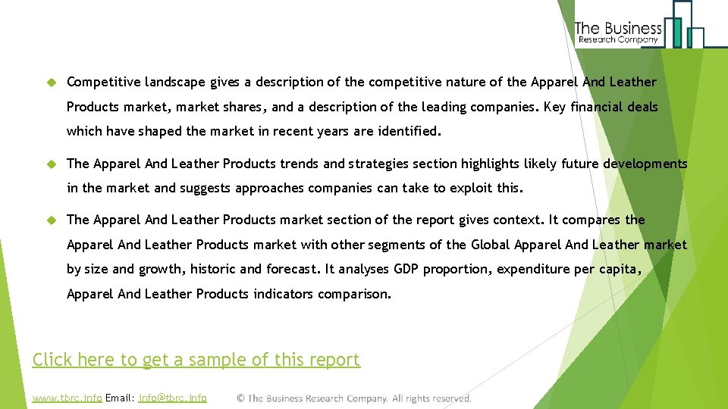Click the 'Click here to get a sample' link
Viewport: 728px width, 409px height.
point(196,360)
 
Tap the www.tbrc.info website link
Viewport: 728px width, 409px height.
point(67,398)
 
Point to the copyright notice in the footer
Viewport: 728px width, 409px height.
point(353,398)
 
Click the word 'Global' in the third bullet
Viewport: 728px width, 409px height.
point(491,245)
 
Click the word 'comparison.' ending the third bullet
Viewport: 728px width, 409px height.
point(354,294)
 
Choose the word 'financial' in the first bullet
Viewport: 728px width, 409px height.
point(596,107)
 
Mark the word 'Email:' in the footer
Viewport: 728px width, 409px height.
point(121,398)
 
